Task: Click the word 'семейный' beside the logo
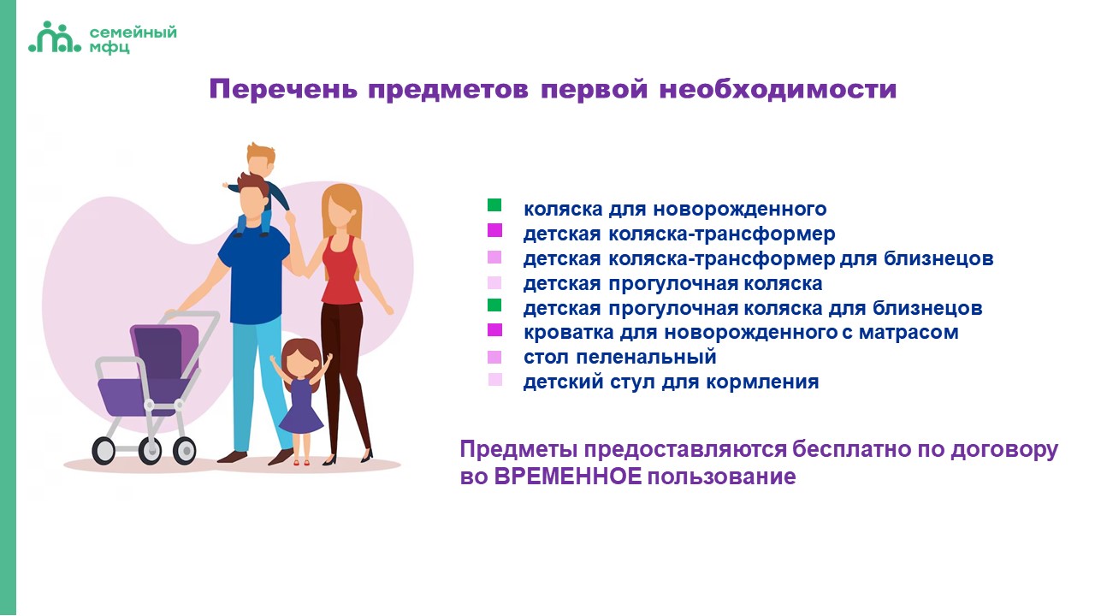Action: [x=133, y=33]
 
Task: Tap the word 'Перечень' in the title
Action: [x=283, y=90]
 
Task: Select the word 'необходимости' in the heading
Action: [x=778, y=90]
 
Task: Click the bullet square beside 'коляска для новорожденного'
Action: [x=494, y=204]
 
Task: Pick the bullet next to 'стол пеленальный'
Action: [x=494, y=357]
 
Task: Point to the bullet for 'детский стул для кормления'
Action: [x=494, y=380]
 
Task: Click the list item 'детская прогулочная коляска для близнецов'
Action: [x=753, y=309]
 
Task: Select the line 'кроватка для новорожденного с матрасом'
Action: [x=741, y=333]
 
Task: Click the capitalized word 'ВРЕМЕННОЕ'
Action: [x=567, y=477]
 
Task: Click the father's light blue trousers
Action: [x=257, y=382]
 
